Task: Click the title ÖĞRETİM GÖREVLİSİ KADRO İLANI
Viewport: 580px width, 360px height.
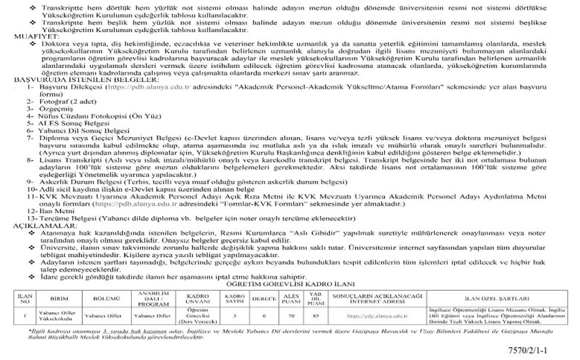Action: point(287,284)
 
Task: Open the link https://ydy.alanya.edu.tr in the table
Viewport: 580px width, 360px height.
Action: point(377,316)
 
